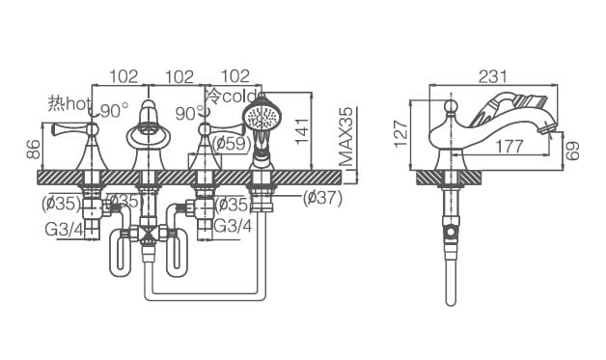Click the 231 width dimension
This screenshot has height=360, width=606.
(493, 76)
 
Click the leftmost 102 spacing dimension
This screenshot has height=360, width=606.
(124, 76)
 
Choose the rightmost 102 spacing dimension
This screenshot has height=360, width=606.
(235, 76)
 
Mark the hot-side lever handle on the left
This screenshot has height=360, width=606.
(72, 129)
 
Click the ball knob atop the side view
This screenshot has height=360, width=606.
(450, 107)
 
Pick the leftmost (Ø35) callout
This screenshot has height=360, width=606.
(61, 203)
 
